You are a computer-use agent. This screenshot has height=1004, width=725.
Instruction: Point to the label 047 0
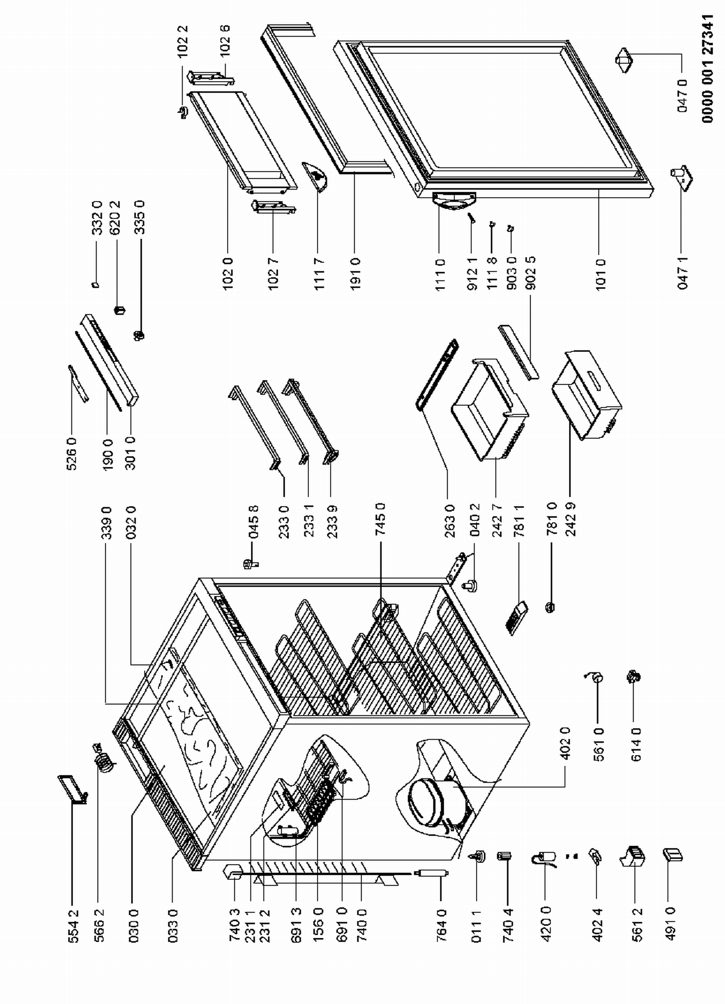pyautogui.click(x=682, y=96)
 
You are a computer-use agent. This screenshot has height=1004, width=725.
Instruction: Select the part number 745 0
pyautogui.click(x=380, y=519)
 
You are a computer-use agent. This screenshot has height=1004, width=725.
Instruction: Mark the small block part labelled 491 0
pyautogui.click(x=673, y=854)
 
